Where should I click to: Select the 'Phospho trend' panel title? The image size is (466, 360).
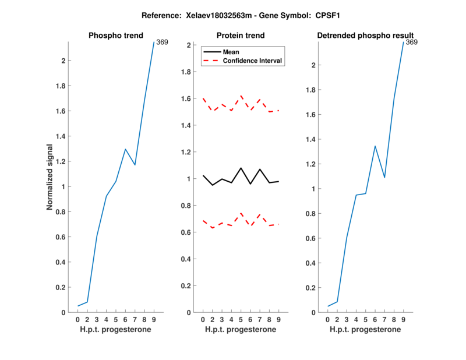click(115, 36)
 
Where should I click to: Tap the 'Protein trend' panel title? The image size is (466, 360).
click(241, 36)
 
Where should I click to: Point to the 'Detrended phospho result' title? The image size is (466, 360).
click(365, 36)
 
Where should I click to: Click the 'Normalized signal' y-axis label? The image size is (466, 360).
click(51, 177)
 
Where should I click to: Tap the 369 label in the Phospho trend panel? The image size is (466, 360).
click(162, 42)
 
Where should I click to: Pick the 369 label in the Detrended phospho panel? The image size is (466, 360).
click(412, 42)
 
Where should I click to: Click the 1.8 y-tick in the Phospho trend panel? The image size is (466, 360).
click(60, 86)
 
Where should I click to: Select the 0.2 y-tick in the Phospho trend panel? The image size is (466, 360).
click(60, 287)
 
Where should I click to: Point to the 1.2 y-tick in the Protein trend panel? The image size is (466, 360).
click(186, 152)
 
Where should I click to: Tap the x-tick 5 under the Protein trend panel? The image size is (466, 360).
click(241, 320)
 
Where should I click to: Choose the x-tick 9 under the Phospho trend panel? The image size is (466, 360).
click(154, 320)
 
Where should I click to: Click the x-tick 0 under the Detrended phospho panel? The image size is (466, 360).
click(328, 320)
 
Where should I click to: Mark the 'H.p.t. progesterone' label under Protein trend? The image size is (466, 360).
click(241, 330)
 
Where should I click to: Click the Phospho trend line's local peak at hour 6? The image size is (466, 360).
click(125, 149)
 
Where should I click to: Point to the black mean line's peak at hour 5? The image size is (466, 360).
click(241, 168)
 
